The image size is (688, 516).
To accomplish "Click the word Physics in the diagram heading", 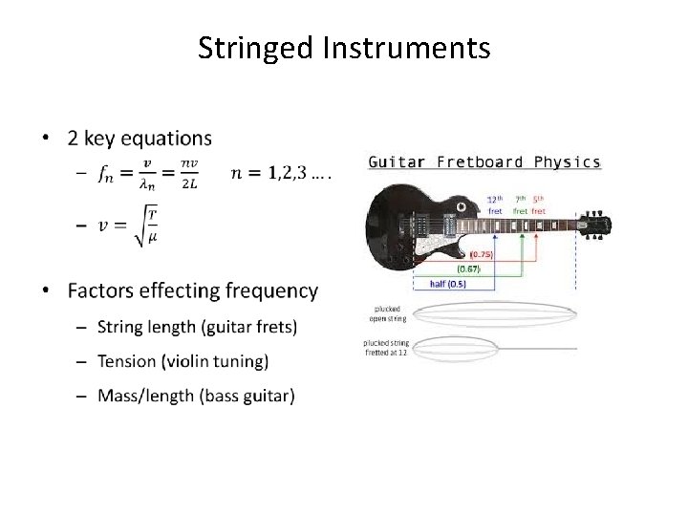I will point(567,161).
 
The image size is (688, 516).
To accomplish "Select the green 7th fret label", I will point(520,204).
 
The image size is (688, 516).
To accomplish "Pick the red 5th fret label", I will point(539,204).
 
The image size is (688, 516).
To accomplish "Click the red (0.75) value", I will point(483,254).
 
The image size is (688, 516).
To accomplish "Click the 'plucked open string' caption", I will point(386,313).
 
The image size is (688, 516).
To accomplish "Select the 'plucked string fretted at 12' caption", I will point(386,348).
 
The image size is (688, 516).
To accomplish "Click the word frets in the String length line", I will point(274,328).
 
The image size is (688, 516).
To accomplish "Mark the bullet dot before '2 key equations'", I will point(48,140).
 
